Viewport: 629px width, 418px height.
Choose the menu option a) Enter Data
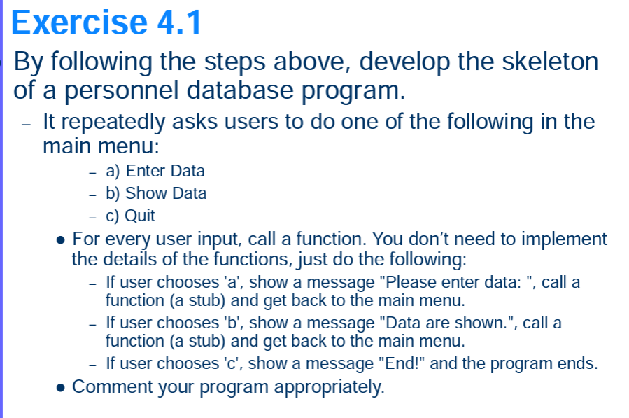(155, 171)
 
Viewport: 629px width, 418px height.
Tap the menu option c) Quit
(130, 216)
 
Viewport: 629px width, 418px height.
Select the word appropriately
(328, 387)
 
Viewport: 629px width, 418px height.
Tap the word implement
(567, 239)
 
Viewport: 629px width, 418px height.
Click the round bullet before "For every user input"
(61, 240)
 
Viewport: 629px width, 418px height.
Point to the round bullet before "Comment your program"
(61, 387)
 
